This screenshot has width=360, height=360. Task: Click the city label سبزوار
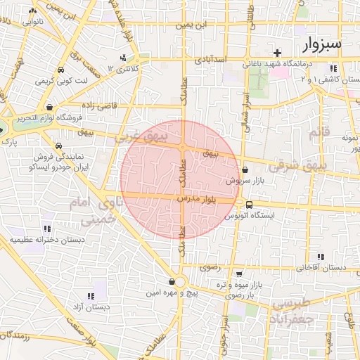point(323,44)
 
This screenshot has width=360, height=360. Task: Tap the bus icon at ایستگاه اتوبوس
point(250,205)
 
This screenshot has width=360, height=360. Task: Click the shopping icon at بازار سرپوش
point(245,169)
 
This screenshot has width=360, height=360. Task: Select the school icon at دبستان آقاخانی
point(321,257)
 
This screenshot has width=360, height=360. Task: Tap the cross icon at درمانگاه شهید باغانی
point(278,53)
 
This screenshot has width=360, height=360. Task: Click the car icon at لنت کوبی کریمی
point(60,70)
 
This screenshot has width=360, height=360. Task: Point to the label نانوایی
point(32,22)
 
